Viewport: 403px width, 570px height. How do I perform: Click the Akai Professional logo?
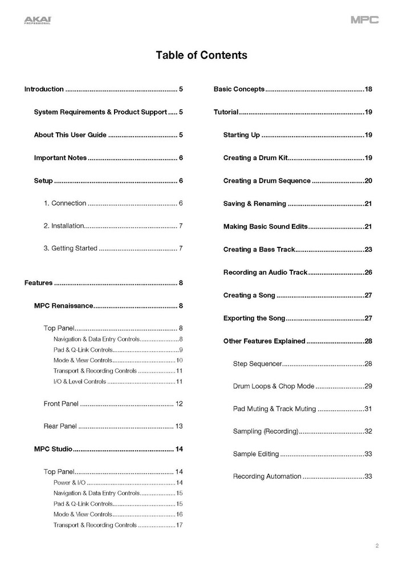click(x=37, y=21)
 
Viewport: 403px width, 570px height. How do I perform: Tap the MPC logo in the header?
click(x=364, y=21)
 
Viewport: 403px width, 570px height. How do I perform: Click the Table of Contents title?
click(x=201, y=55)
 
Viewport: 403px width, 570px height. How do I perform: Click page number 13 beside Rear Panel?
click(x=178, y=426)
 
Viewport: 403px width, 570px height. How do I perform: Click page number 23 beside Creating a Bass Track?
click(x=368, y=250)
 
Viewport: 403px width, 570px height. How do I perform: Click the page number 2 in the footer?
click(x=377, y=546)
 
